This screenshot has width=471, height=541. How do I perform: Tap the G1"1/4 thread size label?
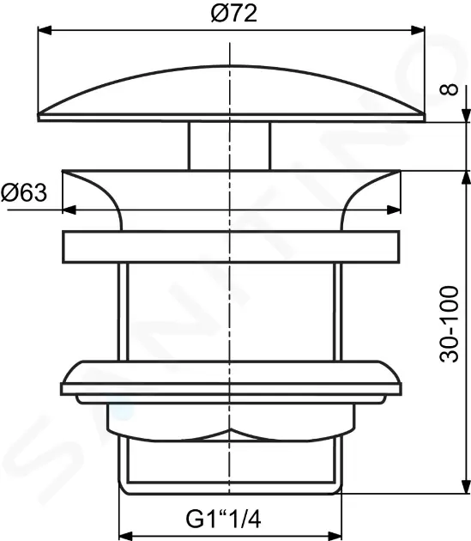225,520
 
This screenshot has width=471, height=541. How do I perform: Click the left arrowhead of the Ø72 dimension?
43,31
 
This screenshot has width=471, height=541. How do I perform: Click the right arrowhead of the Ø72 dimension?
420,31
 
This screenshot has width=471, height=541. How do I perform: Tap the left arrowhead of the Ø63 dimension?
70,210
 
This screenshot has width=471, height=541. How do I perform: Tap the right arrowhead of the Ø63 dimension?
396,210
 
